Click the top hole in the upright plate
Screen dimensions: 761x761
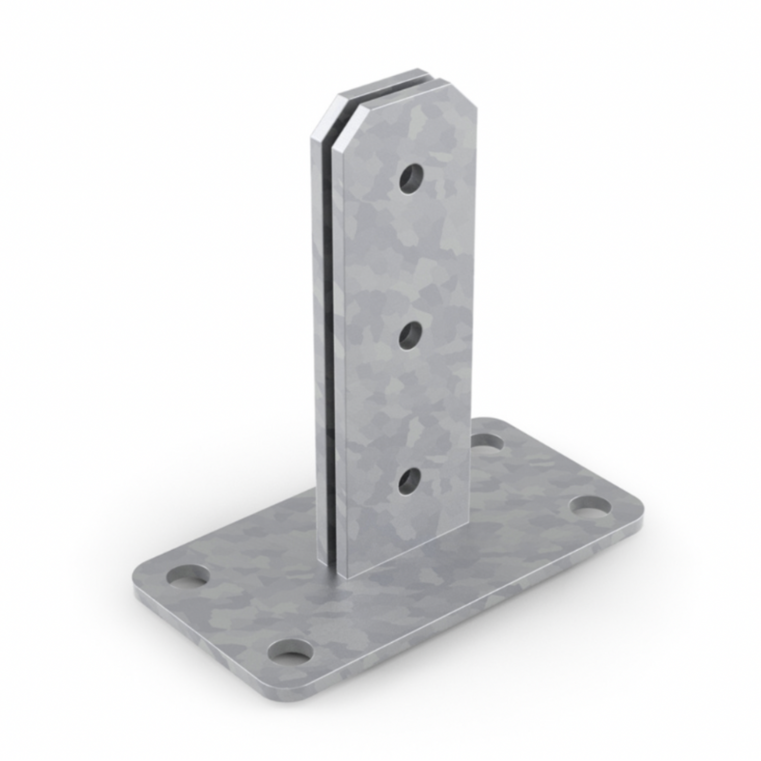tap(411, 178)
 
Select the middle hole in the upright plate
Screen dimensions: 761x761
tap(411, 335)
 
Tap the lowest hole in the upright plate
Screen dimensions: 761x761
tap(410, 481)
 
